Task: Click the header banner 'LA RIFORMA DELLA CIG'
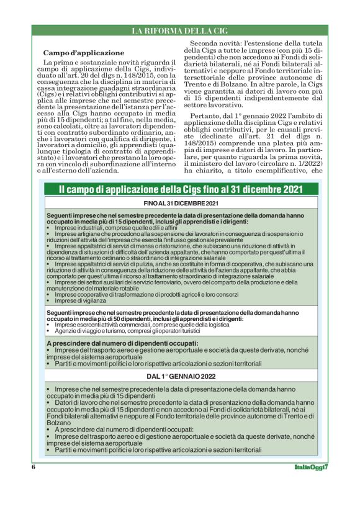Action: tap(180, 31)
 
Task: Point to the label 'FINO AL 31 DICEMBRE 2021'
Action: tap(181, 204)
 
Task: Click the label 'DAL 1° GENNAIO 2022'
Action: tap(181, 376)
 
